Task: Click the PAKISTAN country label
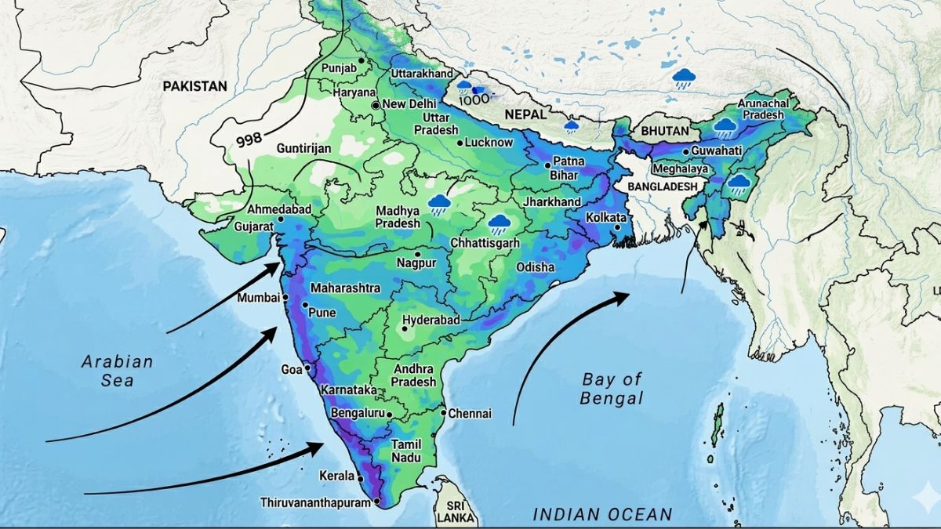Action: [x=194, y=86]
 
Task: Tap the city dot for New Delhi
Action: [x=376, y=104]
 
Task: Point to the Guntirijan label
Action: [x=303, y=148]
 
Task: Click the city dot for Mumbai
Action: [x=285, y=298]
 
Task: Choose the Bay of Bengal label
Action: [x=612, y=389]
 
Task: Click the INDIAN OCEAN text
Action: [x=602, y=514]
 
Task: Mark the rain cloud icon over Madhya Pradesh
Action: [x=439, y=205]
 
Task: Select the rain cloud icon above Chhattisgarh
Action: [x=497, y=225]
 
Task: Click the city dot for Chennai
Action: [x=443, y=413]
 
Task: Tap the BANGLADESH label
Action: [x=661, y=186]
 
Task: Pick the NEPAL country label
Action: [x=525, y=114]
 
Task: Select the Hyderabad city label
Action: [x=431, y=321]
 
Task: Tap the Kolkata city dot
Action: [x=619, y=228]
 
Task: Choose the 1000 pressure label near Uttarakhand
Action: [x=474, y=100]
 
